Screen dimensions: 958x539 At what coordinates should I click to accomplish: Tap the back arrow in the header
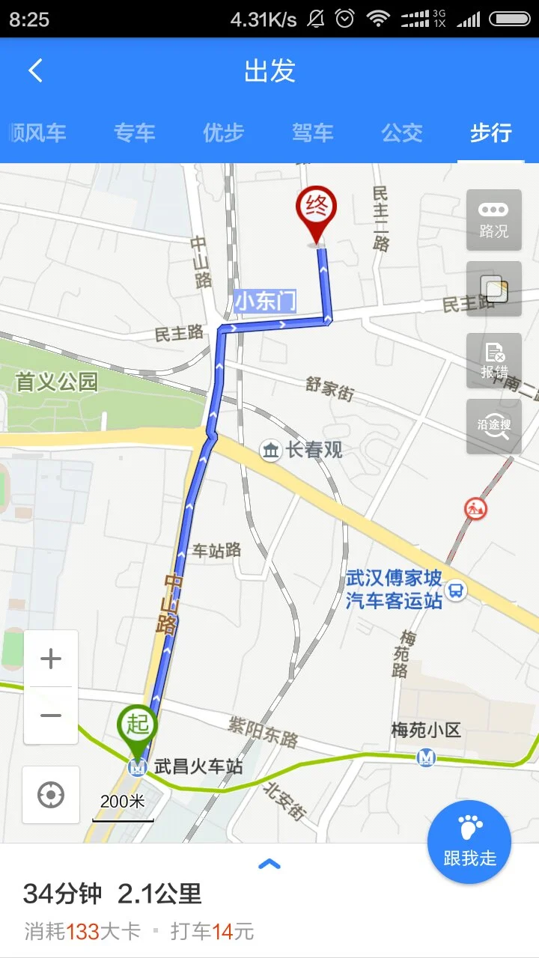pyautogui.click(x=35, y=71)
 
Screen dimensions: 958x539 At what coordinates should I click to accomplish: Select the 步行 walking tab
pyautogui.click(x=490, y=133)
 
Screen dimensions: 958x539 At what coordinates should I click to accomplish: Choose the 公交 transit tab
pyautogui.click(x=402, y=133)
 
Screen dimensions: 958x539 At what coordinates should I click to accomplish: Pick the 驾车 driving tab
pyautogui.click(x=313, y=133)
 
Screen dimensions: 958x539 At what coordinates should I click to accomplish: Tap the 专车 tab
pyautogui.click(x=135, y=133)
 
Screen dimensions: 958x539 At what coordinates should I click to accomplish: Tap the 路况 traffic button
pyautogui.click(x=493, y=219)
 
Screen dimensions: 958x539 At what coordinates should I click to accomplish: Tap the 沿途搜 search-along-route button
pyautogui.click(x=493, y=426)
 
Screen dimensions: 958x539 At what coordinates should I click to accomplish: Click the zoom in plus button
pyautogui.click(x=51, y=659)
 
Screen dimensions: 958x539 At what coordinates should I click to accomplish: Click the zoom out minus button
pyautogui.click(x=51, y=716)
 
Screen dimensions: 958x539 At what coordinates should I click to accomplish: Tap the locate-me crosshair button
pyautogui.click(x=51, y=795)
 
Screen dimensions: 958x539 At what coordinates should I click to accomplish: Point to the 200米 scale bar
pyautogui.click(x=123, y=808)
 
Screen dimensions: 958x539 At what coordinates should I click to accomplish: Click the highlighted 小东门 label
pyautogui.click(x=265, y=302)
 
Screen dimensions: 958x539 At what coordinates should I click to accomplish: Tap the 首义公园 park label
pyautogui.click(x=57, y=382)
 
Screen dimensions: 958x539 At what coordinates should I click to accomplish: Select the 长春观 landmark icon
pyautogui.click(x=270, y=450)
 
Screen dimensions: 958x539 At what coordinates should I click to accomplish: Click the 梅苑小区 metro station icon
pyautogui.click(x=426, y=757)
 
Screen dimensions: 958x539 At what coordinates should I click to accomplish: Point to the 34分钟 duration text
pyautogui.click(x=61, y=894)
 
